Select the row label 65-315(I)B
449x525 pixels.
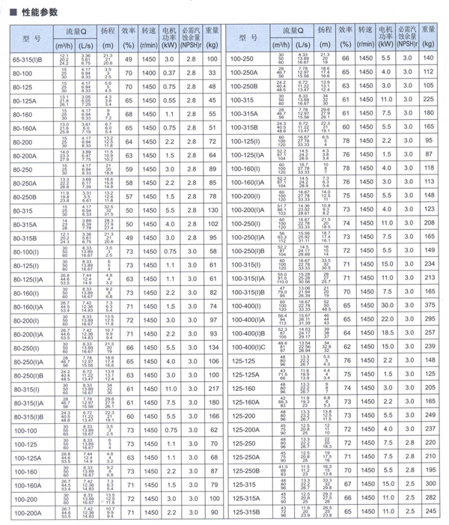click(x=31, y=58)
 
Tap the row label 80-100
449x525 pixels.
click(x=31, y=73)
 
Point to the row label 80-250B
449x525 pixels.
click(x=31, y=197)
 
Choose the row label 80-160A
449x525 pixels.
click(x=31, y=128)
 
